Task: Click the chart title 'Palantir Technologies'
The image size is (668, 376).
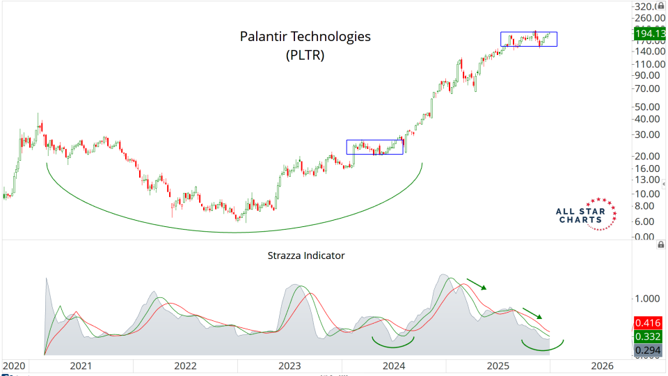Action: [x=305, y=36]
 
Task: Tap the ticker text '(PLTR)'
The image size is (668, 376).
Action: [x=305, y=56]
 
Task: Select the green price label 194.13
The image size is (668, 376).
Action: [x=649, y=33]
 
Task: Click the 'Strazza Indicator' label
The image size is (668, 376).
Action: [x=306, y=256]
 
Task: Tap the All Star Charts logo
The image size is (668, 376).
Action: [x=586, y=214]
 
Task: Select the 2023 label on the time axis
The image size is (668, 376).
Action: [x=289, y=366]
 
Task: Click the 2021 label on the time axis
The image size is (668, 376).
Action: [x=81, y=366]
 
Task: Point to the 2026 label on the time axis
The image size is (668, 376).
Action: [x=602, y=366]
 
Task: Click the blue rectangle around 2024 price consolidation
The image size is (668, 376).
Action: [x=374, y=147]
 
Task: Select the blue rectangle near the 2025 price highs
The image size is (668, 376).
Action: [x=529, y=39]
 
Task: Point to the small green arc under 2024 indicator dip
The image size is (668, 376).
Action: [x=393, y=343]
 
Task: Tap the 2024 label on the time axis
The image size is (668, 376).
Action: [x=394, y=366]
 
